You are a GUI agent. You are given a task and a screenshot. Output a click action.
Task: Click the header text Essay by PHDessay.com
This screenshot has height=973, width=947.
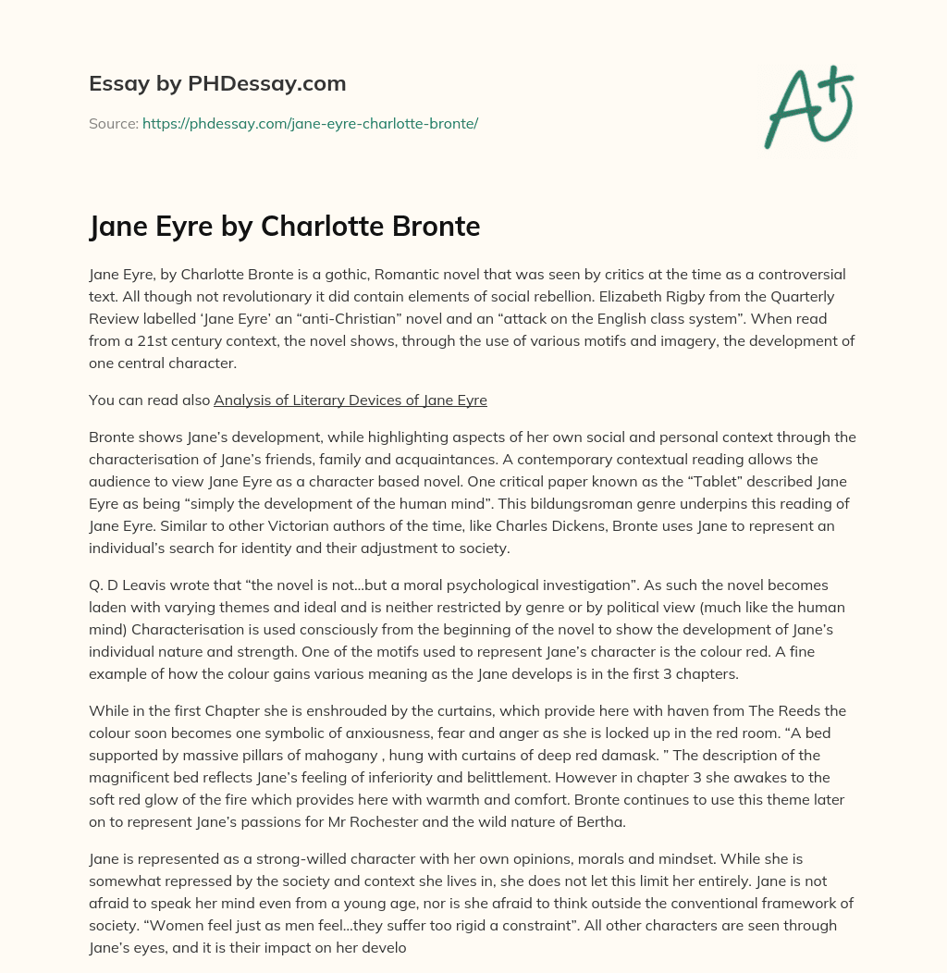[217, 84]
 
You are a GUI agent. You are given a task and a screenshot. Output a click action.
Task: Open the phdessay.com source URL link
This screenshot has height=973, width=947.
[310, 123]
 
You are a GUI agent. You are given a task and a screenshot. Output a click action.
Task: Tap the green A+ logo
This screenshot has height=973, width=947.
[807, 109]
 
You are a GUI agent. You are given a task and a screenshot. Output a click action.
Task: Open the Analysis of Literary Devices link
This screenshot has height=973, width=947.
[351, 400]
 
